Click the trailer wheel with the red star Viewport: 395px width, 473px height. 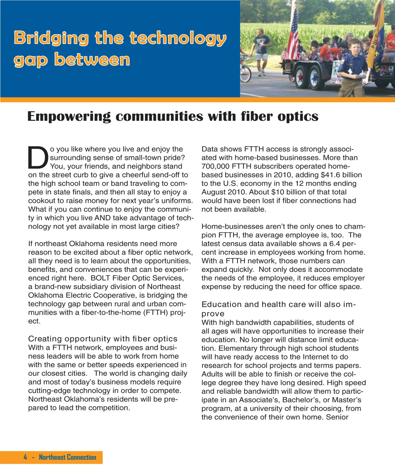(x=301, y=77)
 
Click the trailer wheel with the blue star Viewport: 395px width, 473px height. (x=315, y=78)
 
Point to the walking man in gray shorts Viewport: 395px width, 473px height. (x=262, y=51)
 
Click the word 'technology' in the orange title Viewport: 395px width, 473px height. (x=178, y=38)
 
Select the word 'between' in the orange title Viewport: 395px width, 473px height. (x=92, y=60)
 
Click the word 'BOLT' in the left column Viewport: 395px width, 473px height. (x=100, y=278)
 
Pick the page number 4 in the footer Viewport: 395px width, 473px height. (x=25, y=457)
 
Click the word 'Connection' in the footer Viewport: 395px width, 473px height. (x=82, y=457)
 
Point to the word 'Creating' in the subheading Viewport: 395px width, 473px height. (x=45, y=339)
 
